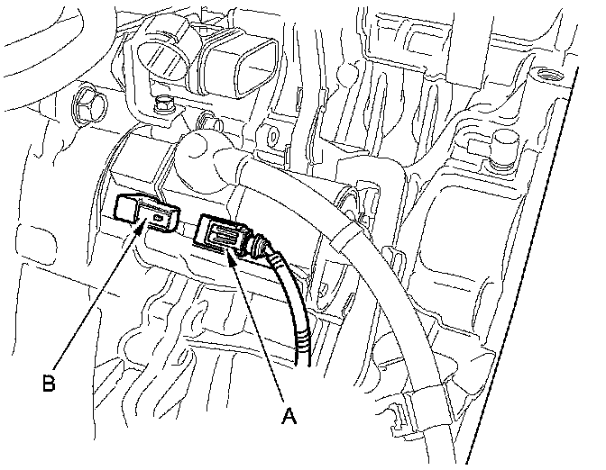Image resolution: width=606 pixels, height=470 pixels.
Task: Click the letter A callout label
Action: (289, 416)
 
